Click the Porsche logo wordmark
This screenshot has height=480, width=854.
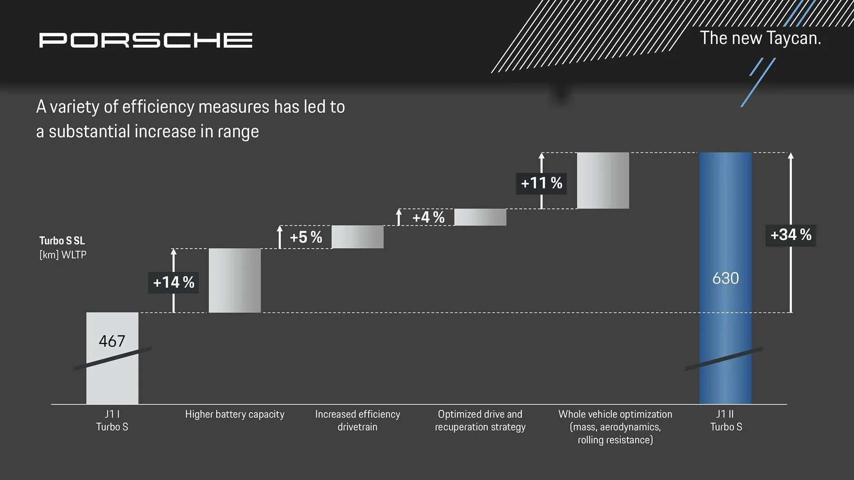[146, 40]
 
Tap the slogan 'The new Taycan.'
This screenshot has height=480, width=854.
[760, 38]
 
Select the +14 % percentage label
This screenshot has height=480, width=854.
[173, 282]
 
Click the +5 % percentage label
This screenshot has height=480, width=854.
[306, 237]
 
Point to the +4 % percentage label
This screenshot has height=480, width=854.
[428, 218]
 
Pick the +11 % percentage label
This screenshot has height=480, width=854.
[541, 183]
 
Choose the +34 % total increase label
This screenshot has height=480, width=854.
[791, 235]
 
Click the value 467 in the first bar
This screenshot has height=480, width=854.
[112, 341]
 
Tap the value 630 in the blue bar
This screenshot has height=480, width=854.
[725, 278]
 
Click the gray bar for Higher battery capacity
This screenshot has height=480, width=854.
[235, 280]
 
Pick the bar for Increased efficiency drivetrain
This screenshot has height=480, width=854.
[357, 237]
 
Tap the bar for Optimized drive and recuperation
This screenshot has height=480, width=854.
[480, 217]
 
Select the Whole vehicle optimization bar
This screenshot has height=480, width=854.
[603, 180]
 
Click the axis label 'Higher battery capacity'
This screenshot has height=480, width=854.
[235, 414]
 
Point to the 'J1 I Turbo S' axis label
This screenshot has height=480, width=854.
[112, 420]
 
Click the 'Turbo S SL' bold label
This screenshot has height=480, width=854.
[62, 240]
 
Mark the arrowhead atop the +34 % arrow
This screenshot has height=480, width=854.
[791, 156]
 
